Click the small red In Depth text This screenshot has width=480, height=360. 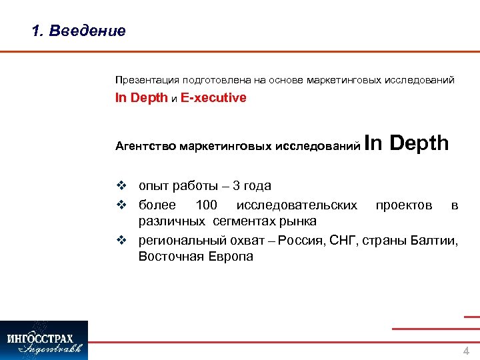pos(141,98)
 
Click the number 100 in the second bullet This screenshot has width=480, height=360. pos(206,204)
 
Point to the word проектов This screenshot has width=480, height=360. pos(403,204)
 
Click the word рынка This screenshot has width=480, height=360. pos(298,221)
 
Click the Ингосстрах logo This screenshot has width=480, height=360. pos(44,340)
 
